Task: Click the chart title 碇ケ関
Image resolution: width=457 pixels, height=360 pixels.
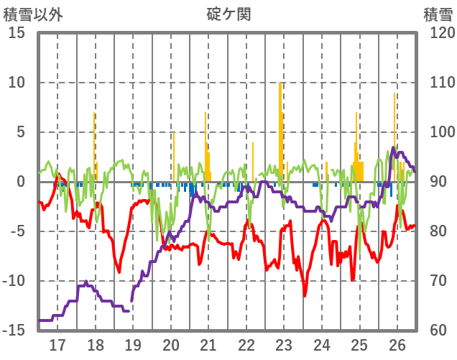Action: [x=228, y=14]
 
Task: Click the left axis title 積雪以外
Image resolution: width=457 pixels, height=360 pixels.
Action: [x=33, y=14]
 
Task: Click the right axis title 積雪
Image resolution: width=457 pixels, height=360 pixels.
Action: [x=437, y=14]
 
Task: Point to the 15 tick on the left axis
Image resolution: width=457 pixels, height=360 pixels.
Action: [x=17, y=33]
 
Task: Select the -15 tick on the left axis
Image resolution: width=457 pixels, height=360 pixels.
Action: [x=14, y=331]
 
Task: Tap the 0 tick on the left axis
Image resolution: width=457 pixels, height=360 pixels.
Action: [x=21, y=182]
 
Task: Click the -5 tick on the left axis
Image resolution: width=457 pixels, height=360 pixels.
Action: [x=17, y=231]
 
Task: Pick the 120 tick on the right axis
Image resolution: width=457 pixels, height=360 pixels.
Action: [x=438, y=33]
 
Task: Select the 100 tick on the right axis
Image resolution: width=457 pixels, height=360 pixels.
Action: [x=438, y=132]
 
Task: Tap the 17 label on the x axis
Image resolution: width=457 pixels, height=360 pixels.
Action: [x=57, y=344]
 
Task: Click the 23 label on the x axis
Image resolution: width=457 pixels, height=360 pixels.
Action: [x=284, y=344]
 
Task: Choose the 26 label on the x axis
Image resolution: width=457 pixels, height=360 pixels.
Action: [x=397, y=344]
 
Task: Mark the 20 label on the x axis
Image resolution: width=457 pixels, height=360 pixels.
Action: [x=171, y=344]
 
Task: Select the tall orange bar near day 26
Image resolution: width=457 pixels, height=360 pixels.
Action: [x=394, y=137]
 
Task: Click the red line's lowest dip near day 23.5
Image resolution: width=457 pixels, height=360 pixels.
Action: [x=305, y=295]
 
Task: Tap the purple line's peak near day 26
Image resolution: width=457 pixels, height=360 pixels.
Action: [x=393, y=148]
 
